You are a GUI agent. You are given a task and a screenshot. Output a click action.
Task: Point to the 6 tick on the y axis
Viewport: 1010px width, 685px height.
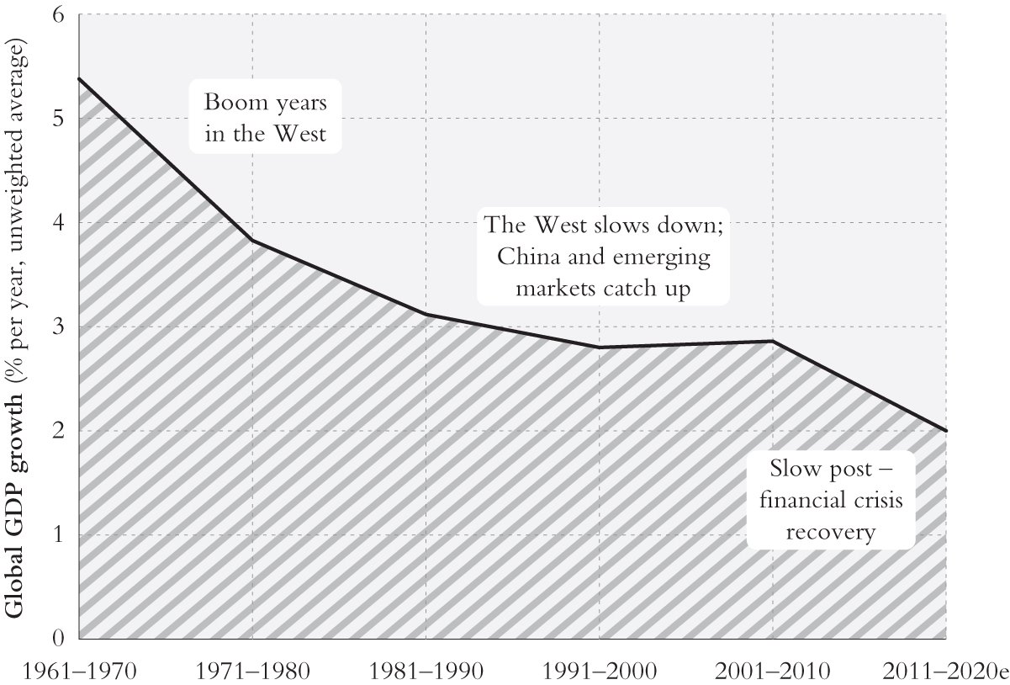[x=60, y=15]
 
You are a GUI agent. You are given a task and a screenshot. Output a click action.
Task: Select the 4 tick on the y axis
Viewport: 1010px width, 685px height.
[x=60, y=223]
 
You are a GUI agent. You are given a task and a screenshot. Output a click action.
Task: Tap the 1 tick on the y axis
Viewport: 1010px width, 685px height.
[x=60, y=534]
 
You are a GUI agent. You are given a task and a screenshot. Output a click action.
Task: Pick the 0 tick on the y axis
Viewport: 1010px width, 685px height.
[x=60, y=638]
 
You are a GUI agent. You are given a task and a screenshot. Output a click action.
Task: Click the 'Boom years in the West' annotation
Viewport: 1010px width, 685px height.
[x=265, y=117]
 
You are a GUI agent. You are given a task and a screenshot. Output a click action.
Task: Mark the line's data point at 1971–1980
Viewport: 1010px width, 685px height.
[x=253, y=242]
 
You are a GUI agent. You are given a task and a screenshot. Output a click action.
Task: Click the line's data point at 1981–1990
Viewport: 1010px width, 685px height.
[x=426, y=315]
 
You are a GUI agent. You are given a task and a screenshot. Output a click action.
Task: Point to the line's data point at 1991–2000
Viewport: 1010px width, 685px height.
[x=599, y=348]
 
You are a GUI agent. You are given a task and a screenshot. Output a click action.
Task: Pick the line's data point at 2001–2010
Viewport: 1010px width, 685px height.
[x=772, y=341]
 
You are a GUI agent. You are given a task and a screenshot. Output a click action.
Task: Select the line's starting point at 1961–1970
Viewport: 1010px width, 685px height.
[x=79, y=78]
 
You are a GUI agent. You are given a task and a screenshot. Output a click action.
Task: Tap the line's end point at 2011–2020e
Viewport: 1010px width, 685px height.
[x=946, y=431]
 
